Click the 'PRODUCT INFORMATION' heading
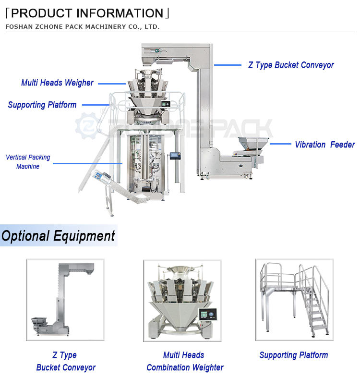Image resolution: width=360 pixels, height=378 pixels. [87, 13]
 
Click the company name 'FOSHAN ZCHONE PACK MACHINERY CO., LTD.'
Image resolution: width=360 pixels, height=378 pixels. [82, 26]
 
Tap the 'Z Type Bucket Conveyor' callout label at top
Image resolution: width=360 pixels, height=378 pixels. [291, 65]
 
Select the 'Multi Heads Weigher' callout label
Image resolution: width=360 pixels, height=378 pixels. [57, 83]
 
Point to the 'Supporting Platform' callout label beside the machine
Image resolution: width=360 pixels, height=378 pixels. [42, 105]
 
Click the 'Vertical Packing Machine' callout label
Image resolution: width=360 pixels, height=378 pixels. [28, 162]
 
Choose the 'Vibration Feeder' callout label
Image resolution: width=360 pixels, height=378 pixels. [324, 144]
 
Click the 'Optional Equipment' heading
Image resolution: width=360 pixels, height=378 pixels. [58, 236]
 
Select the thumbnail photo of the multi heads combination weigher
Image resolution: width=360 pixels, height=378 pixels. [182, 301]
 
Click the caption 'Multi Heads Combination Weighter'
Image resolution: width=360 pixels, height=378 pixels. [185, 361]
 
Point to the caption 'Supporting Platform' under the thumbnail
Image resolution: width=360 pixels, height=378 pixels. [293, 355]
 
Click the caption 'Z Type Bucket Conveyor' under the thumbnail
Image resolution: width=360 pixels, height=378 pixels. [65, 361]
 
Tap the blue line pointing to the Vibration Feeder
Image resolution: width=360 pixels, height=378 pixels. [280, 144]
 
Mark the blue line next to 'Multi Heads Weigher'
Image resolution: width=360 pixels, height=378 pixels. [112, 83]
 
